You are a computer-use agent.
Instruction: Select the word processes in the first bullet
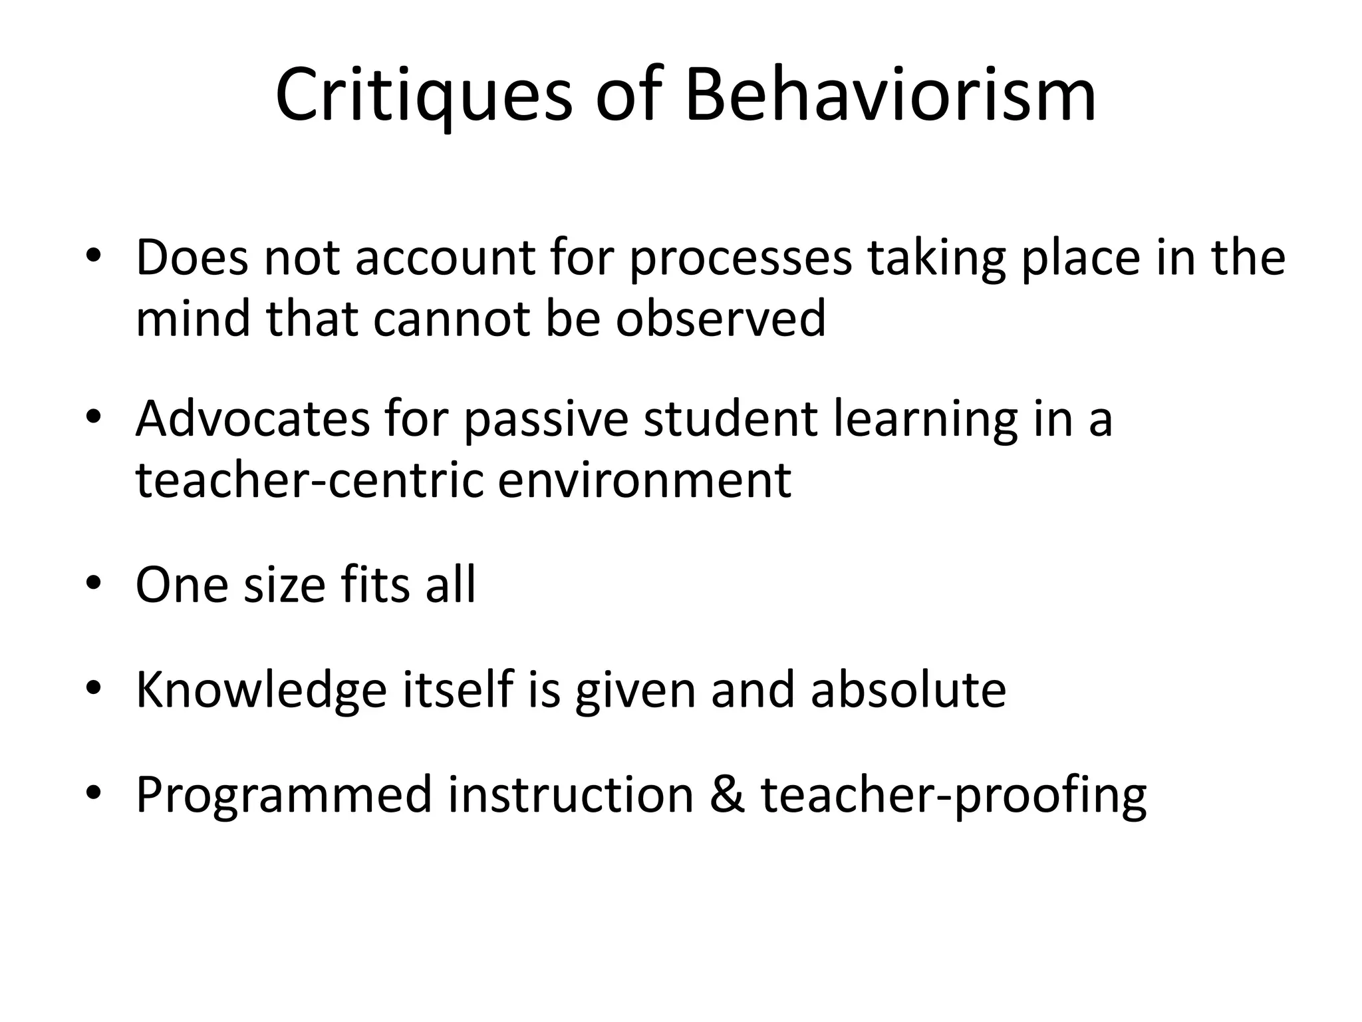pyautogui.click(x=740, y=259)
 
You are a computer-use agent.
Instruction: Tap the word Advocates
pyautogui.click(x=252, y=419)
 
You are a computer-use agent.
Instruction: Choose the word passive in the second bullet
pyautogui.click(x=545, y=419)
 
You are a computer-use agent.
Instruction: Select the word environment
pyautogui.click(x=644, y=480)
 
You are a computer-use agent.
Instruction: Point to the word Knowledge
pyautogui.click(x=261, y=690)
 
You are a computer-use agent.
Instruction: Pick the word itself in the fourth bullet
pyautogui.click(x=458, y=690)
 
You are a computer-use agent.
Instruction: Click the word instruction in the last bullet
pyautogui.click(x=571, y=794)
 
